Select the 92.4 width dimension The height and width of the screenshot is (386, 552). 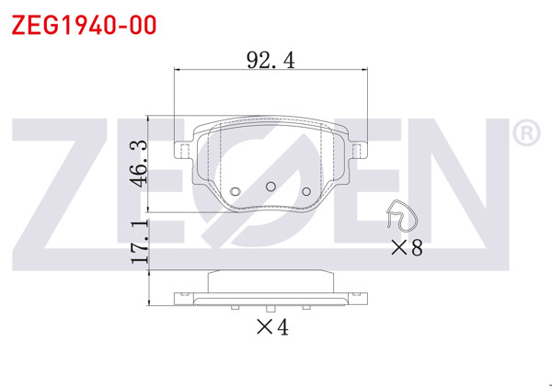(x=270, y=60)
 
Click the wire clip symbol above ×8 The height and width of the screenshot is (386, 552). (x=401, y=217)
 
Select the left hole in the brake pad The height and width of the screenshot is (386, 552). (x=235, y=192)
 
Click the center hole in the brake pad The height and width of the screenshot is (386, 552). (x=270, y=187)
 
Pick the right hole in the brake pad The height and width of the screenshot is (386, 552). (x=307, y=192)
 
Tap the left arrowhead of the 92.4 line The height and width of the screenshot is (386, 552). (x=179, y=71)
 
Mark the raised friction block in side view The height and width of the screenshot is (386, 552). (x=270, y=280)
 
